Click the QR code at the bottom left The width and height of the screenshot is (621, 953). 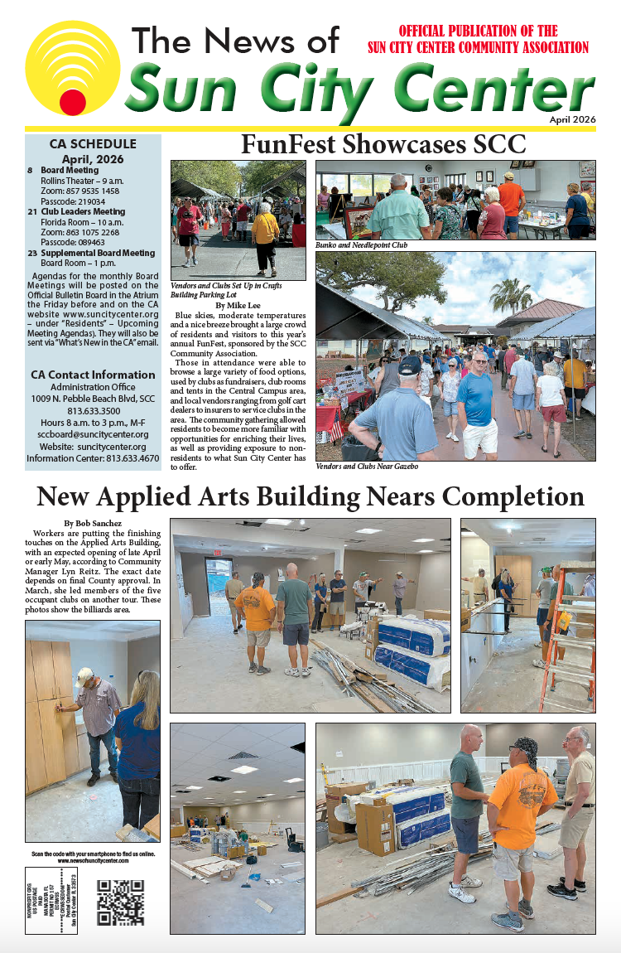[121, 902]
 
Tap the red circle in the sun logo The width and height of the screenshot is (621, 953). [73, 102]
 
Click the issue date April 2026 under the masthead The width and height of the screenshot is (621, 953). [572, 120]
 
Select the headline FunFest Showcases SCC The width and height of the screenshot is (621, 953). [383, 144]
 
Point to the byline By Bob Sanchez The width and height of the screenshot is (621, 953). [99, 523]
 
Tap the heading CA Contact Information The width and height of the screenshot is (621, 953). [93, 375]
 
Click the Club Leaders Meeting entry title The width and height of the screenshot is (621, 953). [83, 212]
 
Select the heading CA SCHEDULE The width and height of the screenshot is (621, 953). [93, 143]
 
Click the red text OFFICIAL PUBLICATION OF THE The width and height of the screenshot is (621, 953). [479, 31]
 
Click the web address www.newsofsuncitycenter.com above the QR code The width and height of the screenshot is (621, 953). [93, 861]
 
